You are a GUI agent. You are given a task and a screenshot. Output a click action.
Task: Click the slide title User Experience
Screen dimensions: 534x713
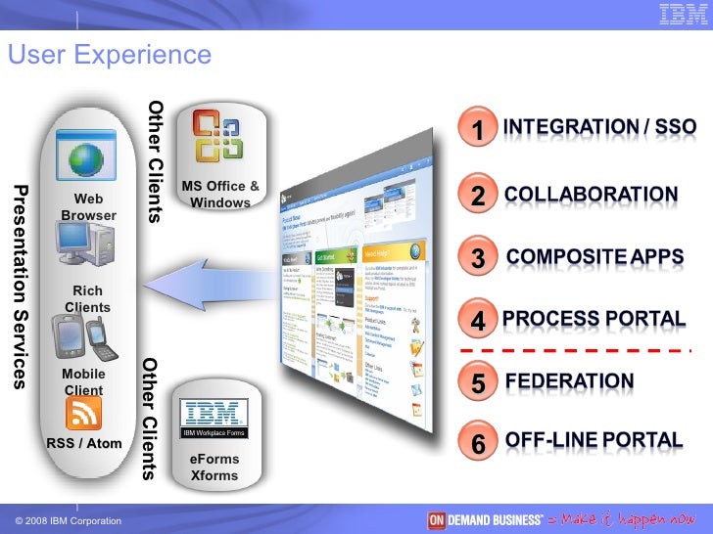click(109, 55)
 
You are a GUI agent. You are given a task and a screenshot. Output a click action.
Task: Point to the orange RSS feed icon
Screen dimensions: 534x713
click(84, 415)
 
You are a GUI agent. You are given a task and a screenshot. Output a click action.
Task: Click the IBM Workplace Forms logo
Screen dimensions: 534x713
click(215, 418)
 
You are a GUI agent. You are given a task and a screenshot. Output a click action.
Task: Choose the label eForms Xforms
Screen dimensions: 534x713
click(214, 467)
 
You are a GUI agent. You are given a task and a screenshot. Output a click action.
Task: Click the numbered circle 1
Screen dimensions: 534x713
click(478, 130)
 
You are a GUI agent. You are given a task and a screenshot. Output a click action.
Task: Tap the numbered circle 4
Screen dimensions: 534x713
click(478, 321)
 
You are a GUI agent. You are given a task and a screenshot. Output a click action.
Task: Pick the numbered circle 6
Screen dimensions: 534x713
click(478, 443)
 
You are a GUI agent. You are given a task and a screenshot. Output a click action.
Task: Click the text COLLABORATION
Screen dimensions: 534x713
click(591, 195)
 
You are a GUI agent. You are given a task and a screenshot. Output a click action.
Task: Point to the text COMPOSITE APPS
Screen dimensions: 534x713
click(594, 258)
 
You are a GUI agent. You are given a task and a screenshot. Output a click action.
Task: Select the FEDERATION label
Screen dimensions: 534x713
click(569, 380)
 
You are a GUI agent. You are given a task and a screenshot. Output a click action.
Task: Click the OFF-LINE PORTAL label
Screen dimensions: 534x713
click(594, 440)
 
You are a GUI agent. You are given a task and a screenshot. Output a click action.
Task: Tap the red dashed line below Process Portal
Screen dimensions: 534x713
click(575, 349)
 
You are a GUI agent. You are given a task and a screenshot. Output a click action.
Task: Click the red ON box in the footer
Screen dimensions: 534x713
click(437, 519)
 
